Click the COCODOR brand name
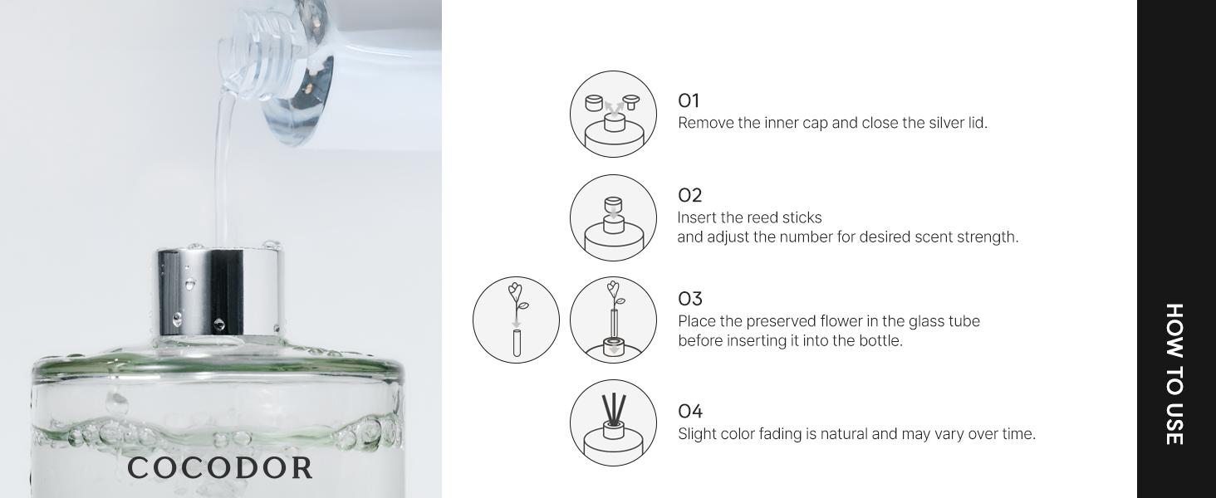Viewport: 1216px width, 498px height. coord(220,468)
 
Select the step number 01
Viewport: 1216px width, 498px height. coord(689,101)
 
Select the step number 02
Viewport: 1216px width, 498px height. coord(689,196)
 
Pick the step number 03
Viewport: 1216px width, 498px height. coord(689,299)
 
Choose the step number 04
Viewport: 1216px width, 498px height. coord(689,412)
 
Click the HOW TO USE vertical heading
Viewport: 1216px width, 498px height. coord(1174,373)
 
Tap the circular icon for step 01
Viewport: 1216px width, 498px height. coord(613,114)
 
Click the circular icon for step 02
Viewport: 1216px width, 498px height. coord(613,217)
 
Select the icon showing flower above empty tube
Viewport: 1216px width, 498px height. coord(516,320)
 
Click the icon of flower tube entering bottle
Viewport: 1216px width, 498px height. coord(613,320)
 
